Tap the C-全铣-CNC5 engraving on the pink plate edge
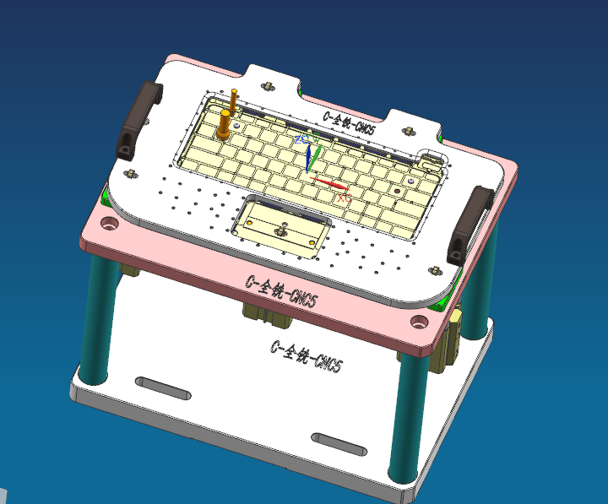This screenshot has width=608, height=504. pyautogui.click(x=281, y=292)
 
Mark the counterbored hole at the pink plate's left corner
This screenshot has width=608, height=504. pyautogui.click(x=110, y=225)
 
